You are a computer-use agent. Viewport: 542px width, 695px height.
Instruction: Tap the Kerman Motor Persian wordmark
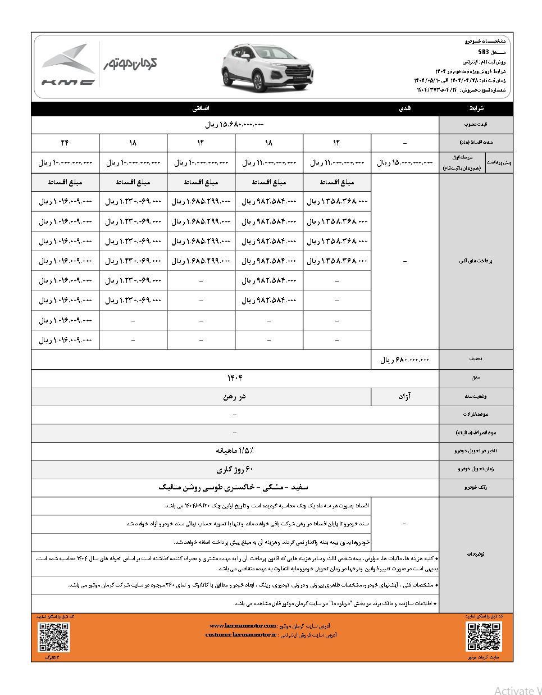point(130,63)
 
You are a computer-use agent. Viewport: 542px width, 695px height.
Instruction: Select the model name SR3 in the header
point(484,52)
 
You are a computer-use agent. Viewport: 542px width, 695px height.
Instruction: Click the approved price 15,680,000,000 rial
point(234,124)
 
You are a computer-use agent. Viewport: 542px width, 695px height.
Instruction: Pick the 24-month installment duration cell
point(65,143)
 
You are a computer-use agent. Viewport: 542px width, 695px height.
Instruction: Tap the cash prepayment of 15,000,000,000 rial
point(405,162)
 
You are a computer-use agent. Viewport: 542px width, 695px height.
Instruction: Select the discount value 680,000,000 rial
point(405,360)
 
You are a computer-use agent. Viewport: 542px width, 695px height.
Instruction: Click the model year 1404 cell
point(234,378)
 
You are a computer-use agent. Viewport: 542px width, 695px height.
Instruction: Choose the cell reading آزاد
point(405,397)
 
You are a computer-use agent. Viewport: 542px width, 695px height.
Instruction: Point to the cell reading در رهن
point(234,397)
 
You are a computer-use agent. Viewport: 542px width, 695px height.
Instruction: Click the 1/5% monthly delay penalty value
point(234,451)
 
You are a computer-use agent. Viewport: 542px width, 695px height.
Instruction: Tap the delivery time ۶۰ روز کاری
point(234,469)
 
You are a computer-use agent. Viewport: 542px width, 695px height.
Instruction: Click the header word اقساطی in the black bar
point(201,108)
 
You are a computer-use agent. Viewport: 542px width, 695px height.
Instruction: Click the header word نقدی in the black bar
point(405,108)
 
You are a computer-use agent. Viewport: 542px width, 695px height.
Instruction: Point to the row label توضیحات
point(476,554)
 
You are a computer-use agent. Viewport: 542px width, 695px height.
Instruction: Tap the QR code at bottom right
point(484,637)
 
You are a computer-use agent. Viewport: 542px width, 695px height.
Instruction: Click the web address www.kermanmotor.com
point(242,625)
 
